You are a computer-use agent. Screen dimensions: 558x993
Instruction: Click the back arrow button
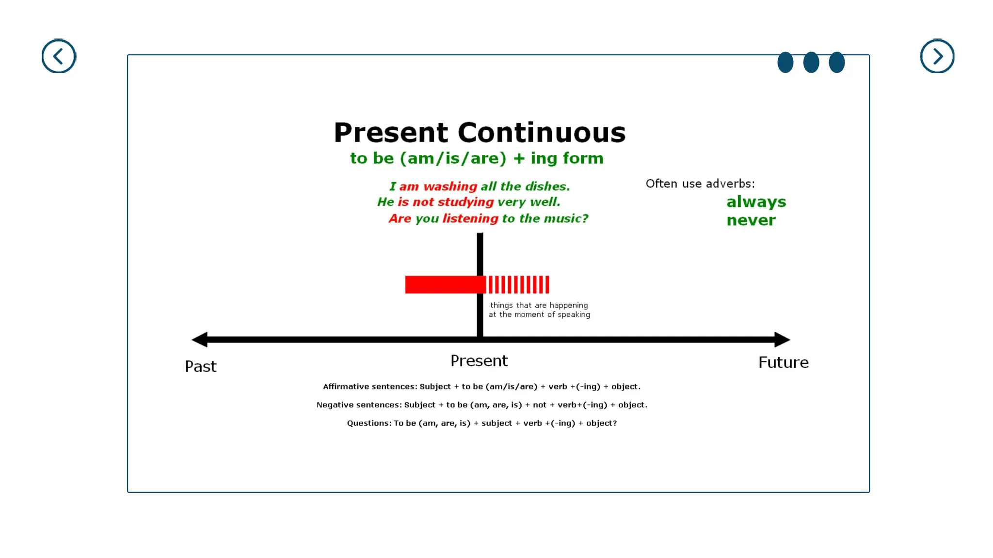[59, 56]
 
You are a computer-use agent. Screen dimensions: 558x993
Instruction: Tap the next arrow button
[937, 56]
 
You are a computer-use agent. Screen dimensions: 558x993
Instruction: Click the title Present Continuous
[480, 133]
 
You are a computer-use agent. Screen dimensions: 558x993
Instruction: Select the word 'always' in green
[756, 202]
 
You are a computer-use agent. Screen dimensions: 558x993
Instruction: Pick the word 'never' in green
[751, 220]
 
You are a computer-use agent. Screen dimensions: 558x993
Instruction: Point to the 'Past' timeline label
[201, 366]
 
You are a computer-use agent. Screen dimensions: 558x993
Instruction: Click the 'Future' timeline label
[783, 362]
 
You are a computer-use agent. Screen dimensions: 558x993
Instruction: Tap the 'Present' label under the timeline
[479, 361]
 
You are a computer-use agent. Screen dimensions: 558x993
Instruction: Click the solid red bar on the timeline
[444, 285]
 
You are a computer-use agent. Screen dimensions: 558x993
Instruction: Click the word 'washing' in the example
[450, 186]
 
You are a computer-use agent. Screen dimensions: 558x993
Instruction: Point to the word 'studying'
[465, 202]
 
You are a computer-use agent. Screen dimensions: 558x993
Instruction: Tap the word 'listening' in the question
[470, 218]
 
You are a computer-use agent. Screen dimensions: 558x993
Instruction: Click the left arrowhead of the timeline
[200, 340]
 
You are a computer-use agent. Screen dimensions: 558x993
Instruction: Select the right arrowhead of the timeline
[782, 340]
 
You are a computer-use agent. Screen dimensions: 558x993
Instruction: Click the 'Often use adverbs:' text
[700, 184]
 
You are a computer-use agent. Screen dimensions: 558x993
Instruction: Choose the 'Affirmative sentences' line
[481, 387]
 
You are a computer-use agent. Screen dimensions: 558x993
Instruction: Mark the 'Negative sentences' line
[481, 405]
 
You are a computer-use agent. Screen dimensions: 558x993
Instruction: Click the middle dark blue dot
[811, 62]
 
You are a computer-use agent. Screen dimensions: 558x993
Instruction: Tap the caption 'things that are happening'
[539, 305]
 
